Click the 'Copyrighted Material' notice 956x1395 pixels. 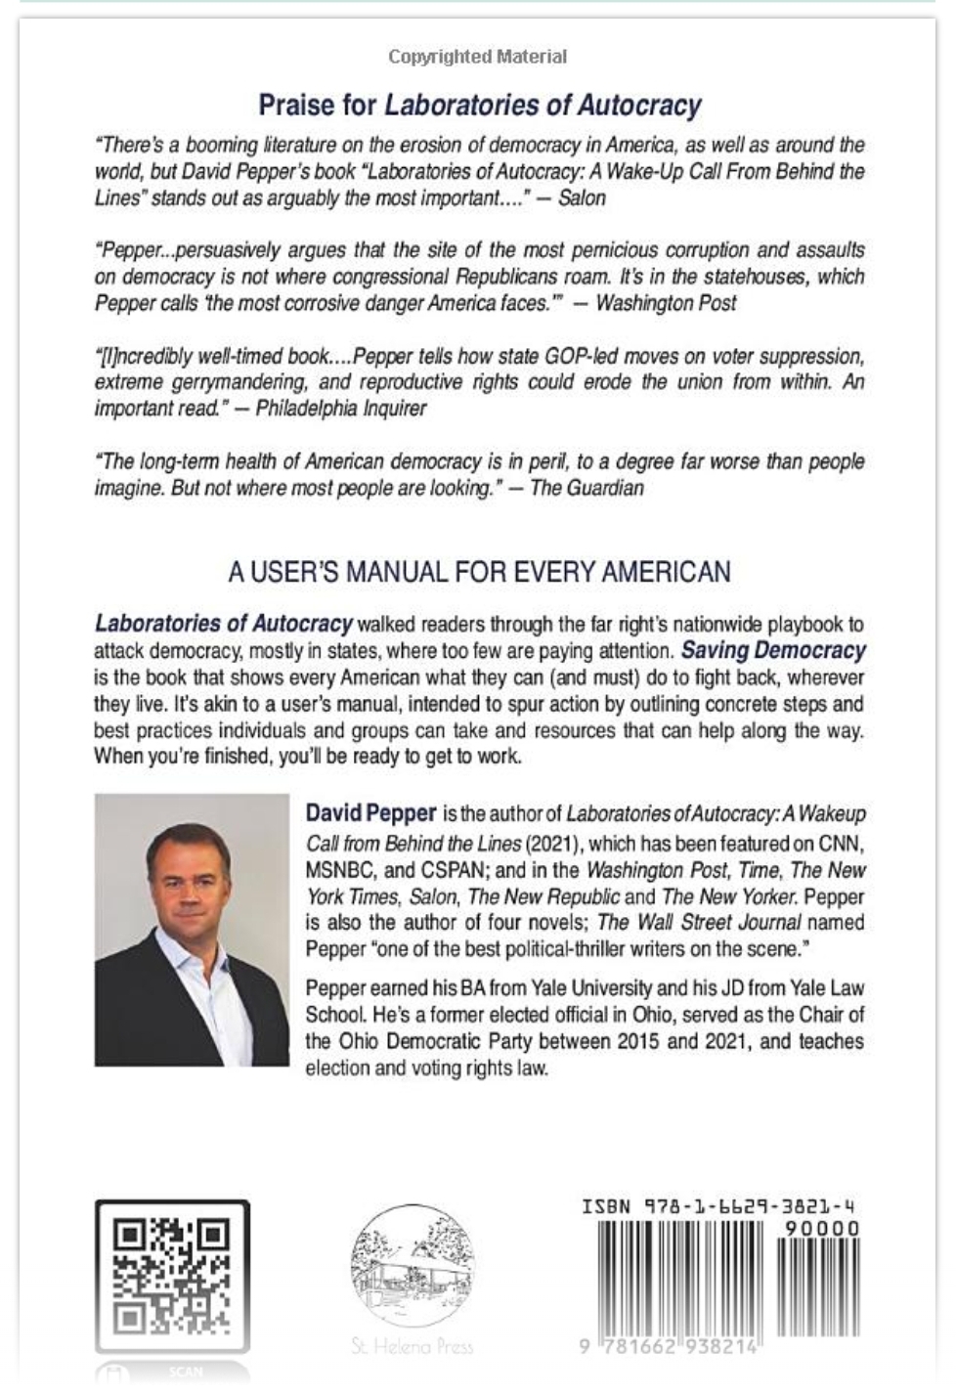[477, 57]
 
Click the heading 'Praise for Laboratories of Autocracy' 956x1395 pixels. [479, 105]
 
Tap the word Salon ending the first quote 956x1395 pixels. [582, 198]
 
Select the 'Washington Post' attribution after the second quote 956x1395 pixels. [666, 303]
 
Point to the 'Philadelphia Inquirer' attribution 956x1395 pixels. [340, 409]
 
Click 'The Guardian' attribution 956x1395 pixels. [587, 488]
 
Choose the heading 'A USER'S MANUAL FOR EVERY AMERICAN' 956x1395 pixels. [479, 572]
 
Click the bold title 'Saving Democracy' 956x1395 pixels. [773, 650]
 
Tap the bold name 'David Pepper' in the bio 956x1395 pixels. [370, 813]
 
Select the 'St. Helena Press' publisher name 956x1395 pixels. [412, 1346]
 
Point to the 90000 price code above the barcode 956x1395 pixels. [822, 1228]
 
